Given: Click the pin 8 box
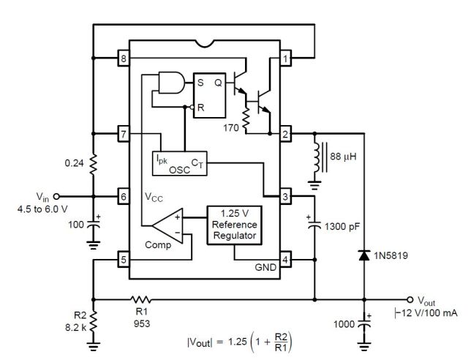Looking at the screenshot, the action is coord(124,58).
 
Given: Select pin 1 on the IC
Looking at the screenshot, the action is coord(286,58).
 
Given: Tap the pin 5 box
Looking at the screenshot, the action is coord(124,260).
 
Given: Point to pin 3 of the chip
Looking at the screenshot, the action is coord(286,196).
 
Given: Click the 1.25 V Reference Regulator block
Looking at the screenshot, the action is coord(235,225).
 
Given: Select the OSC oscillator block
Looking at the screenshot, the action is coord(180,163).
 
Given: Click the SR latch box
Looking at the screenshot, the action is coord(210,95).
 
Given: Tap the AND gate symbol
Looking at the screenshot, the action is coord(172,83).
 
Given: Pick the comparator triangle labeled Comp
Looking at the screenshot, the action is coord(167,225).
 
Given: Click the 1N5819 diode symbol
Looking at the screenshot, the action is coord(364,255).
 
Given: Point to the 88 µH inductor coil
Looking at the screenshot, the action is coord(317,157).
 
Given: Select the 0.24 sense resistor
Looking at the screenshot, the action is coord(93,164).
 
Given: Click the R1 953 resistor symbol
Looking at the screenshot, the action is coord(140,299).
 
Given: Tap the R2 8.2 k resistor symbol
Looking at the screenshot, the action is coord(93,321).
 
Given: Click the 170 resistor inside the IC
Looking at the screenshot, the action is coord(246,120).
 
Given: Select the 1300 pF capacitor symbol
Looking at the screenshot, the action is coord(314,225).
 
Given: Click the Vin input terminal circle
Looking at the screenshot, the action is coord(56,196).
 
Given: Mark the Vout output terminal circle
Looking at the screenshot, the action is coord(410,299).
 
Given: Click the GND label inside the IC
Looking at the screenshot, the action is coord(265,267).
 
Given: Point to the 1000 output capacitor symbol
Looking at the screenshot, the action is coord(364,323).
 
